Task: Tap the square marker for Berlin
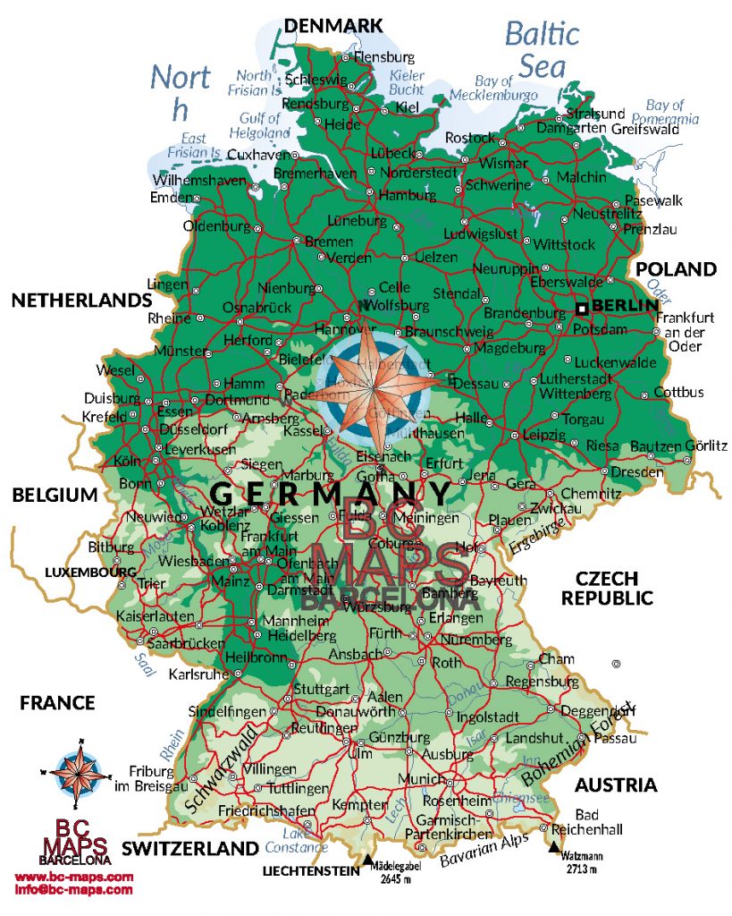coord(582,309)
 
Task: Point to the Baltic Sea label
coord(543,49)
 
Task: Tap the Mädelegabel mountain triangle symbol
coord(367,861)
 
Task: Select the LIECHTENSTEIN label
coord(309,869)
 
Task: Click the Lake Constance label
coord(295,839)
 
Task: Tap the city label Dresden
coord(639,471)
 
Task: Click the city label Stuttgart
coord(321,690)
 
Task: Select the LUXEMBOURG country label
coord(90,571)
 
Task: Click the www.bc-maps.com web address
coord(74,877)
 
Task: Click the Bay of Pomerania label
coord(665,112)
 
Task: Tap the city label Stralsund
coord(595,114)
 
